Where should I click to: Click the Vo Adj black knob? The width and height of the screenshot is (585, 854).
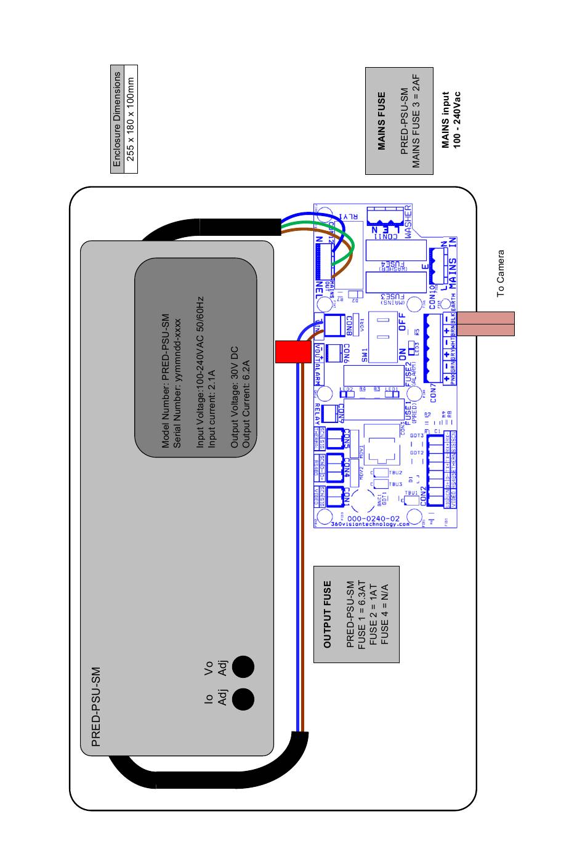click(243, 666)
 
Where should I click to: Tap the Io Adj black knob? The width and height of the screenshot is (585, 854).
click(243, 698)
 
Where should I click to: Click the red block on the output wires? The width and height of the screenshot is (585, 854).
click(292, 351)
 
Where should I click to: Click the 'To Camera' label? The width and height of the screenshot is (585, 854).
click(501, 273)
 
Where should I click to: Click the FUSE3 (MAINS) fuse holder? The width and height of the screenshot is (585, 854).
click(397, 283)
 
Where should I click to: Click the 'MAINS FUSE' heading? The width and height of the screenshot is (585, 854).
click(382, 121)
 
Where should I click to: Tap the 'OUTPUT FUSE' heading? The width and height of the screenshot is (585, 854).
click(328, 614)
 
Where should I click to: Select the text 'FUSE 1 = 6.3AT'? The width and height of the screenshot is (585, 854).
click(362, 614)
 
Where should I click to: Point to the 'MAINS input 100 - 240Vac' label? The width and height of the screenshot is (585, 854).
click(451, 120)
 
